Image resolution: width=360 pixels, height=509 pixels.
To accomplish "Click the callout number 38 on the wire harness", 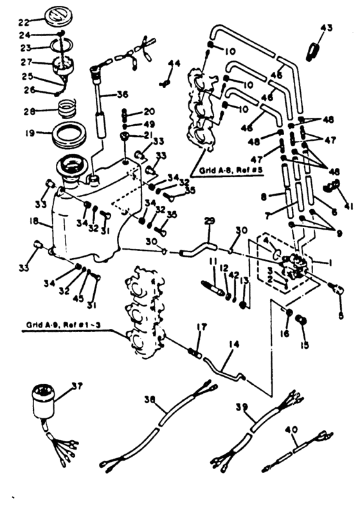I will click(151, 399).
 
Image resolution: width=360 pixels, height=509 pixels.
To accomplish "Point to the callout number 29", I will click(207, 221).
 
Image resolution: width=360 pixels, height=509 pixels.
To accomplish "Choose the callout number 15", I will click(304, 345).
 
